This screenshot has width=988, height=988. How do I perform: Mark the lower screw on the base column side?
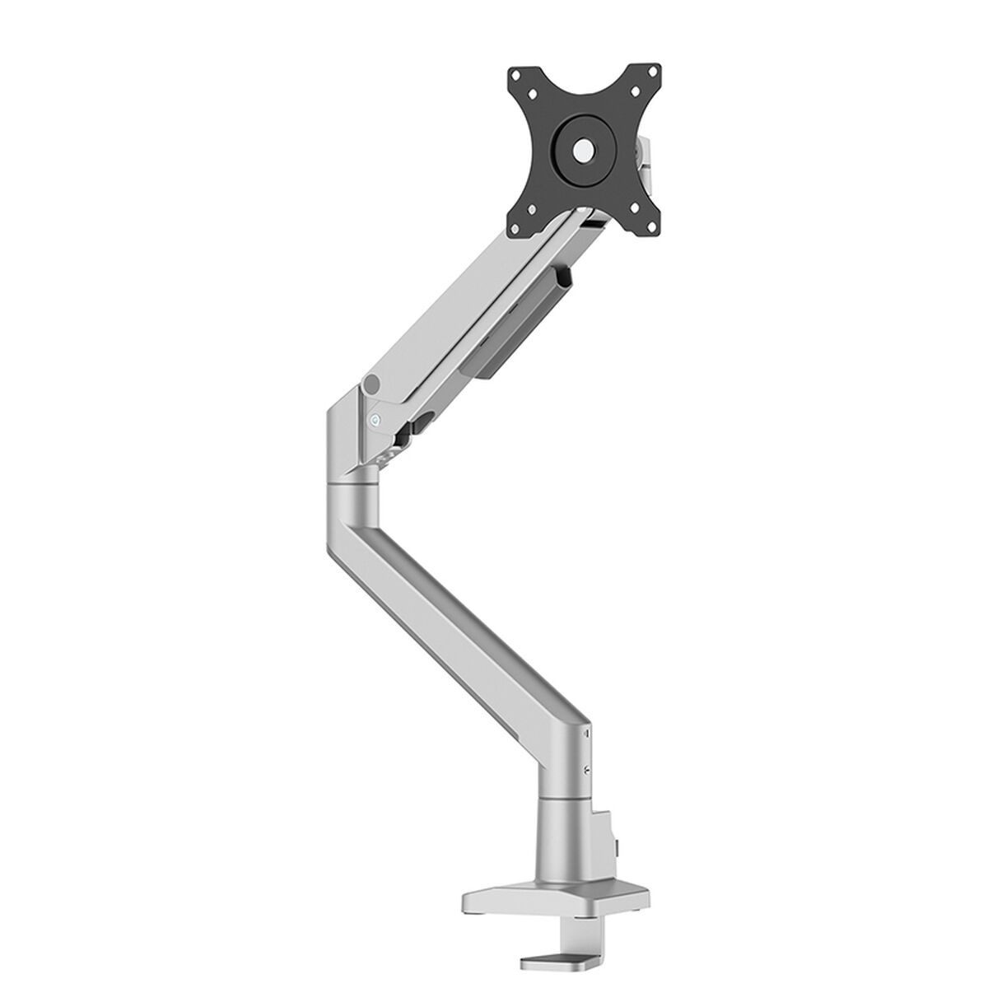click(x=585, y=771)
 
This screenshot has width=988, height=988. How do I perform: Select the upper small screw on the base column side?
click(x=585, y=731)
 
